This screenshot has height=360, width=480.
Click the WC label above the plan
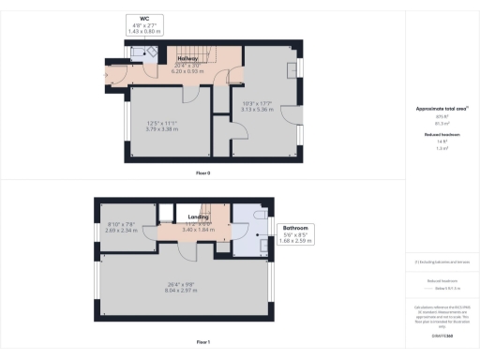[x=143, y=19]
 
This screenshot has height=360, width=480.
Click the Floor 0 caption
[x=202, y=172]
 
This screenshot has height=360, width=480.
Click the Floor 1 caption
[x=202, y=342]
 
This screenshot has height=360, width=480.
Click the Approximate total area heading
[x=441, y=109]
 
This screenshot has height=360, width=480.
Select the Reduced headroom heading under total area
[x=441, y=135]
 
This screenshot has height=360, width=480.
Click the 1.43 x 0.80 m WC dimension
[x=143, y=32]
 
